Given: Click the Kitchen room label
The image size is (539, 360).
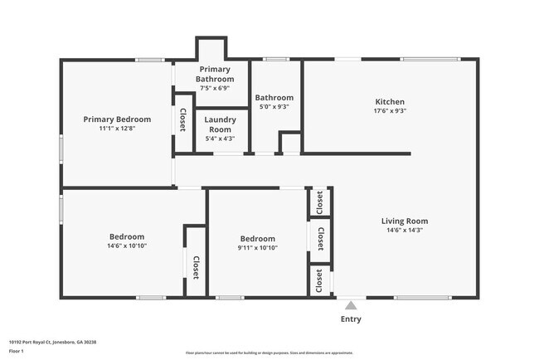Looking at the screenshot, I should [x=389, y=102].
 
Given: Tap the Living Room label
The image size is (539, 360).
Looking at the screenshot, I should [x=404, y=221].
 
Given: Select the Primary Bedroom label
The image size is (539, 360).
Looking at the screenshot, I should [x=116, y=119].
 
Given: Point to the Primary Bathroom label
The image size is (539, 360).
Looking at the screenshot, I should [x=214, y=74].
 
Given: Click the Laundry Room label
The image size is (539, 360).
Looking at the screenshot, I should [x=219, y=124].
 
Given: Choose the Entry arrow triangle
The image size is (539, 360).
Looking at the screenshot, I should [x=351, y=305].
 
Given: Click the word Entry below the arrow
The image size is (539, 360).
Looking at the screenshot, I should [x=351, y=319].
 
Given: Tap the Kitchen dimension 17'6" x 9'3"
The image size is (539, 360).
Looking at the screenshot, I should [x=389, y=111].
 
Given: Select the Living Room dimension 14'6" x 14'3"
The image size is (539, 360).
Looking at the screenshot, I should [x=404, y=231].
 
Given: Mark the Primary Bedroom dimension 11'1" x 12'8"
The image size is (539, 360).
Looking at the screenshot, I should [x=116, y=129].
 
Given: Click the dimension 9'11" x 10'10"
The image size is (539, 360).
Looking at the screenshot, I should [x=257, y=247].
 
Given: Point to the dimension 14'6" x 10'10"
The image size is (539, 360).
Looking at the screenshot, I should [x=126, y=246].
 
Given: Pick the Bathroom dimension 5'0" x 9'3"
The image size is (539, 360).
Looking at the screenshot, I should [x=274, y=106].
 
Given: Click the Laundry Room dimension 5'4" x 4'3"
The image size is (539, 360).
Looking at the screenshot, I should [x=219, y=139].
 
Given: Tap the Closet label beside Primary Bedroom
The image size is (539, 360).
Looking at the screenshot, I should [x=182, y=121].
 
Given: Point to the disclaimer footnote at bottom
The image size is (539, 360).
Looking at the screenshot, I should [x=269, y=353].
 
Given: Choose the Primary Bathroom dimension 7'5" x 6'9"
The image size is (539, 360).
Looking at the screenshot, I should [x=214, y=87].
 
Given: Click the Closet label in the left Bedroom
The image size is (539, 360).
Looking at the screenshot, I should [x=196, y=267].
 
